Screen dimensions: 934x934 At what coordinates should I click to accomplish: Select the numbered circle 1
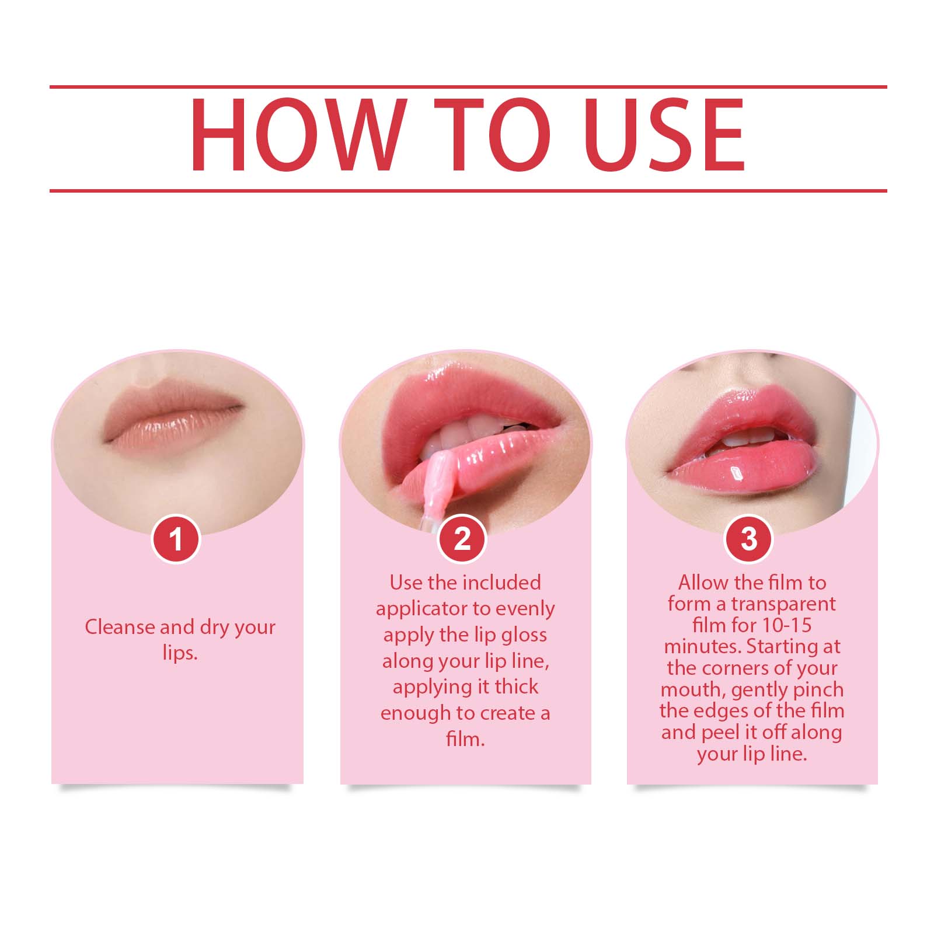tap(176, 539)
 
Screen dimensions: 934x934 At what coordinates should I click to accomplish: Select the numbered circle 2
tap(462, 539)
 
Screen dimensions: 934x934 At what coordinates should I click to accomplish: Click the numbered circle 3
tap(749, 539)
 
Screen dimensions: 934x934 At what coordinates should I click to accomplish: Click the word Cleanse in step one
tap(120, 627)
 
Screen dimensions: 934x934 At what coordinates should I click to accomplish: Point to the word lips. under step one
tap(180, 653)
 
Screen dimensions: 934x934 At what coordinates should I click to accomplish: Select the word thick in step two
tap(516, 686)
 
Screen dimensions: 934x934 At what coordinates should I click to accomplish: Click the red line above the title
tap(467, 87)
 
